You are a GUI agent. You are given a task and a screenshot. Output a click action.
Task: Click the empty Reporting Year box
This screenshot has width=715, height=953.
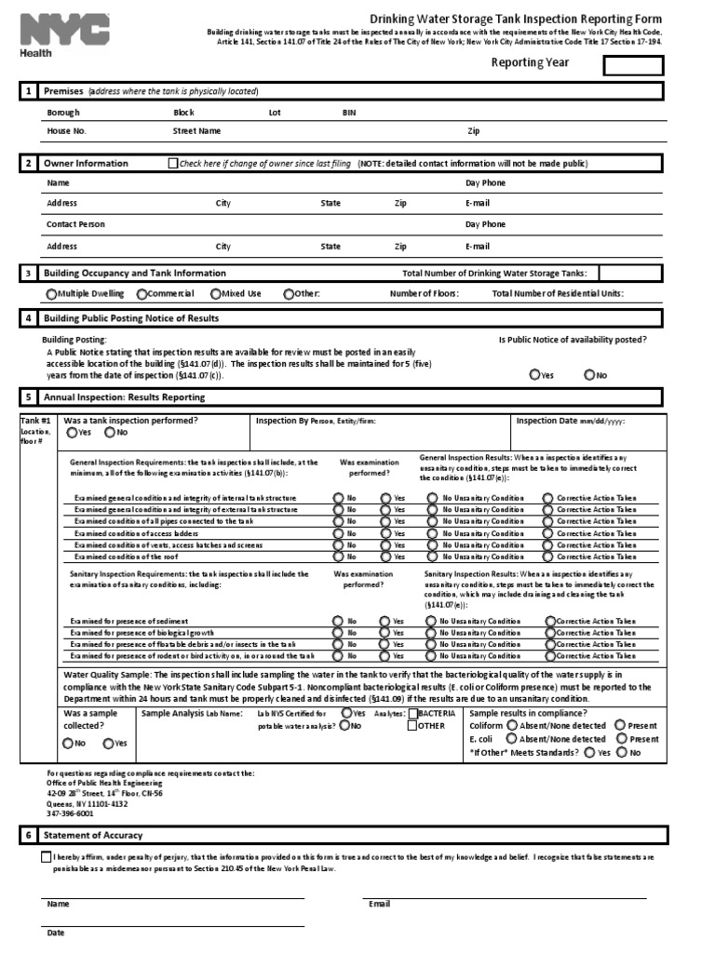(x=633, y=65)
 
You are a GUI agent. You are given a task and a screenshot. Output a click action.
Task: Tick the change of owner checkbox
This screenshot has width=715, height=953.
(x=172, y=163)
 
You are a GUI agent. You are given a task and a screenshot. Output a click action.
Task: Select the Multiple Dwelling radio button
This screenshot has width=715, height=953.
(x=51, y=294)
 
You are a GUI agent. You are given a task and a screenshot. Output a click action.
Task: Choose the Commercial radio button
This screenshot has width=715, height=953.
(x=142, y=294)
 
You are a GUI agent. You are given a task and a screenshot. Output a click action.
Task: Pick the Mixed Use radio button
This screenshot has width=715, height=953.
(x=215, y=294)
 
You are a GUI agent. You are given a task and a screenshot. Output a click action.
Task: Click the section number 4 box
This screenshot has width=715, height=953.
(x=29, y=318)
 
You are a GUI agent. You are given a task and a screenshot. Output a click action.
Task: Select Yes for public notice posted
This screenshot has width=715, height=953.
(x=534, y=375)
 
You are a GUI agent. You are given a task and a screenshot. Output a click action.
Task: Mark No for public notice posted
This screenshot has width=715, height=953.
(x=589, y=375)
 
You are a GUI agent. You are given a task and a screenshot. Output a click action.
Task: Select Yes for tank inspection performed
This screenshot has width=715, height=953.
(x=72, y=433)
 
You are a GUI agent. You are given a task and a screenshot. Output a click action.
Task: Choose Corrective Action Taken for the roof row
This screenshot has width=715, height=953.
(x=550, y=557)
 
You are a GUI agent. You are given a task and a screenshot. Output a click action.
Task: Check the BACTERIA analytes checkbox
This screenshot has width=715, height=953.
(x=413, y=713)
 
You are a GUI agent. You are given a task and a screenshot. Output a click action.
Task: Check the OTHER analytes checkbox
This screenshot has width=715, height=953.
(x=413, y=726)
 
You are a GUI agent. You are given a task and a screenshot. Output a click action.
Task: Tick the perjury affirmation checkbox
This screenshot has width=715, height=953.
(x=47, y=856)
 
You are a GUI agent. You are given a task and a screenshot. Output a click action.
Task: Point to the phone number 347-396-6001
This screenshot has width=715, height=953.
(x=71, y=812)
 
